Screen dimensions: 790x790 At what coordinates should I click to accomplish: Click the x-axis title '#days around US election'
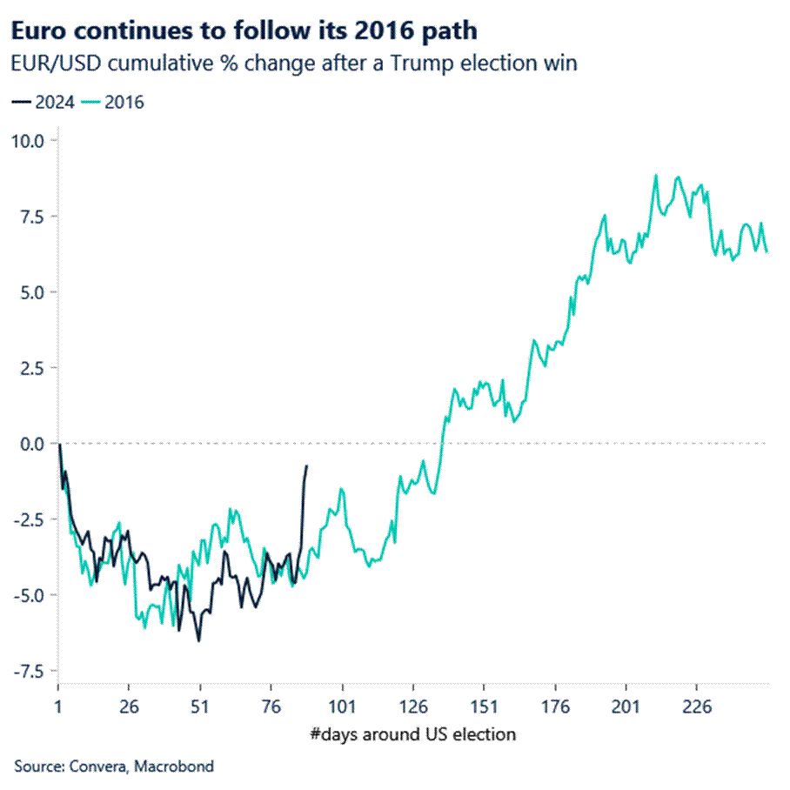coord(412,734)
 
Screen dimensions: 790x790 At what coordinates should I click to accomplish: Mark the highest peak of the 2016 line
coord(655,175)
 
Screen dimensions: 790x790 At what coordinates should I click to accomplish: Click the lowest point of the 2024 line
coord(198,641)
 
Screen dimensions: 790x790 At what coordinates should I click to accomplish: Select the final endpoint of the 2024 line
coord(306,465)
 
